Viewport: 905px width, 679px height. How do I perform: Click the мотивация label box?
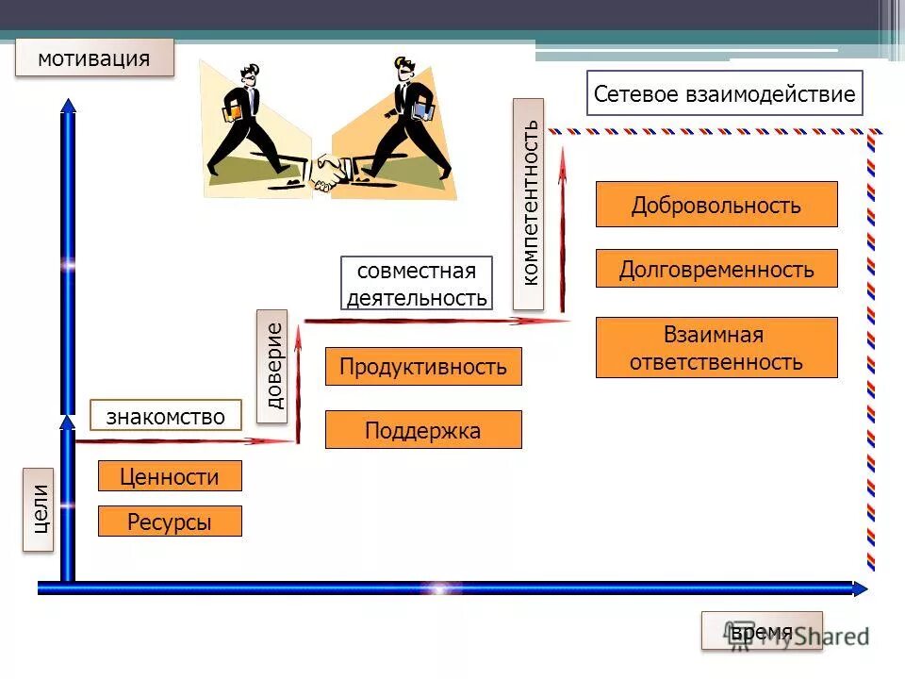[x=94, y=58]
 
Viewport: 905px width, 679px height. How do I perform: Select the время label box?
[x=762, y=631]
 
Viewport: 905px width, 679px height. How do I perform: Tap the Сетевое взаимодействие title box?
[x=724, y=93]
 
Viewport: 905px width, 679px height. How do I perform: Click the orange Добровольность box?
[x=716, y=205]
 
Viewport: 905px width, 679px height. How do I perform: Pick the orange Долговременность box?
[x=716, y=269]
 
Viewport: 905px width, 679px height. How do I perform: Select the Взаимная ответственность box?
[x=716, y=348]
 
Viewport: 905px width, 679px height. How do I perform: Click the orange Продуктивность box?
[x=423, y=367]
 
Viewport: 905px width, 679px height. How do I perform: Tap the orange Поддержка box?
[x=423, y=430]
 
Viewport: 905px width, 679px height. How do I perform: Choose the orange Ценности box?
[x=170, y=476]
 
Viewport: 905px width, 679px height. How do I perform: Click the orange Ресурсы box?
[x=170, y=522]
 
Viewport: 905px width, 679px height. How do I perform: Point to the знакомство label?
[x=166, y=416]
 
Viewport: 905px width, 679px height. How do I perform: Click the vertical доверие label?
[x=272, y=366]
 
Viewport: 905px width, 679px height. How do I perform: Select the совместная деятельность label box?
[x=417, y=284]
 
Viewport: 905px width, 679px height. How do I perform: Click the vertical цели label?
[x=39, y=509]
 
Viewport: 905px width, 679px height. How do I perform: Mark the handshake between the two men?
[x=330, y=171]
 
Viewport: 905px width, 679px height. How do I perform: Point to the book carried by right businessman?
[x=423, y=113]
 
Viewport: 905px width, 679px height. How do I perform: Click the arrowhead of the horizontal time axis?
[x=859, y=588]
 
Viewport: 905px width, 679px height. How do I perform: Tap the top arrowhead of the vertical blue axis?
[x=67, y=105]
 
